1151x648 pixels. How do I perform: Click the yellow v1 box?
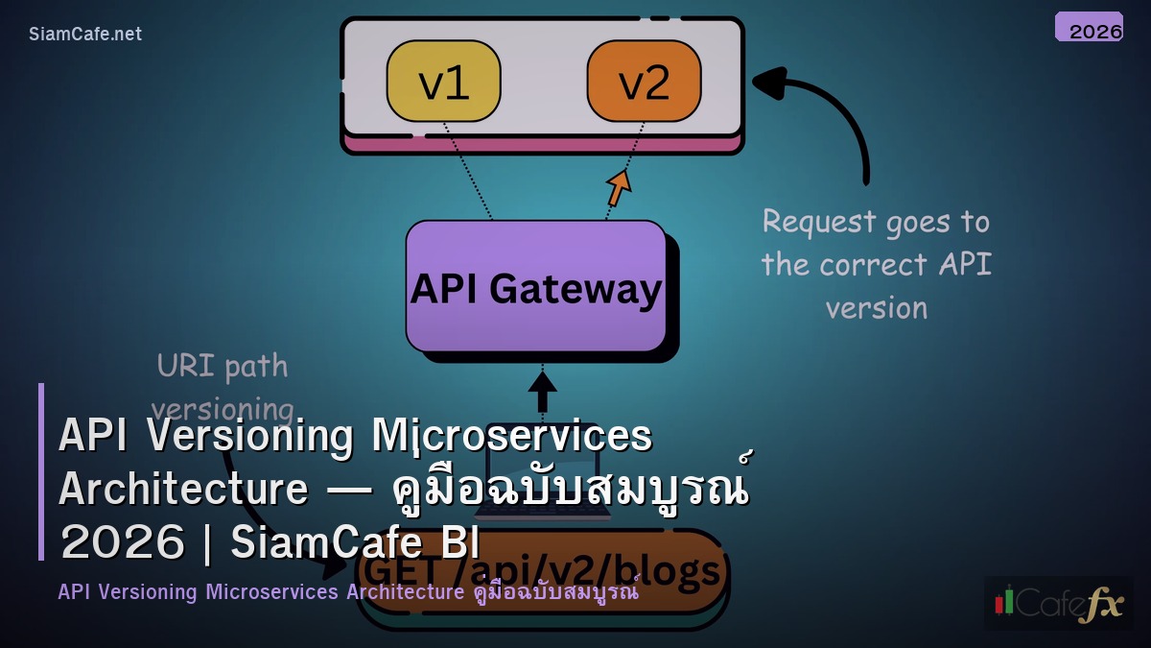(x=443, y=82)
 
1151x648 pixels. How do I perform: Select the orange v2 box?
(x=644, y=82)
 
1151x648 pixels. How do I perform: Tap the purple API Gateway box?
(x=536, y=286)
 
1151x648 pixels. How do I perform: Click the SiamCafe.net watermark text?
(x=85, y=34)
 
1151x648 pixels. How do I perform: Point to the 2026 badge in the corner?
(x=1089, y=27)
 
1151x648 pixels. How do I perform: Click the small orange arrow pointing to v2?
(x=619, y=186)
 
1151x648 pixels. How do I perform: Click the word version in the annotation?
(x=876, y=308)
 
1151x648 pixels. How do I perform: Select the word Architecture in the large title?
(x=183, y=489)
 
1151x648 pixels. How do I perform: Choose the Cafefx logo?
(x=1058, y=602)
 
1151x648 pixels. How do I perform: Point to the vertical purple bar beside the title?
(x=41, y=471)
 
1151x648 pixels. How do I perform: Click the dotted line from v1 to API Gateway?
(x=468, y=172)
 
